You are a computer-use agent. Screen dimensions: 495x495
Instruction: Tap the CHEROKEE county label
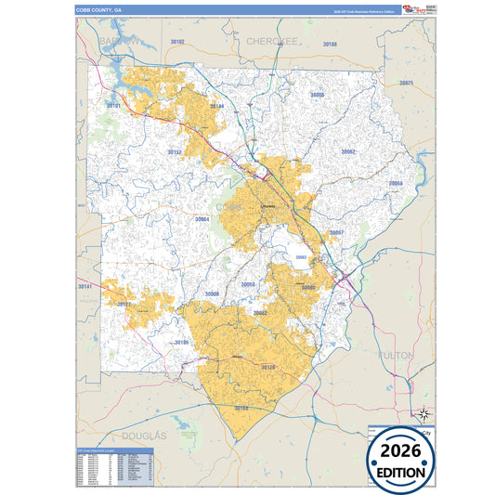[271, 42]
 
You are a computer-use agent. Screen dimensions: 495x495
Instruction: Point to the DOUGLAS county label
[145, 435]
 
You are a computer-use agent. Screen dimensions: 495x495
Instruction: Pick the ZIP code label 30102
[176, 42]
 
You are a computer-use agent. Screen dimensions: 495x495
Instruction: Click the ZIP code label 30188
[330, 44]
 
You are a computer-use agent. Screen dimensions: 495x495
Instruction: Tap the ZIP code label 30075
[406, 83]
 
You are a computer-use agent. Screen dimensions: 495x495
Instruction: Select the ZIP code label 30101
[113, 106]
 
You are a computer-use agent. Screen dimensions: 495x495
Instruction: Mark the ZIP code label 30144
[216, 106]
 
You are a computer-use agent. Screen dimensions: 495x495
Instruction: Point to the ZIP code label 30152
[174, 151]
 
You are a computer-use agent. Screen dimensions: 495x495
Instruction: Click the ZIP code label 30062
[347, 151]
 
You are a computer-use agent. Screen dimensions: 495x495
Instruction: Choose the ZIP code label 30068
[396, 184]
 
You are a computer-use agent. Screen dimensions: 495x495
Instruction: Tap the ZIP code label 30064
[202, 219]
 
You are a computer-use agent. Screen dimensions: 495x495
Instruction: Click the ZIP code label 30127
[124, 304]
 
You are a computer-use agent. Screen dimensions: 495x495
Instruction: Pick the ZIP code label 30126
[267, 367]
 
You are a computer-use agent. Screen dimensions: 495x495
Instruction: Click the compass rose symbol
[423, 413]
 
